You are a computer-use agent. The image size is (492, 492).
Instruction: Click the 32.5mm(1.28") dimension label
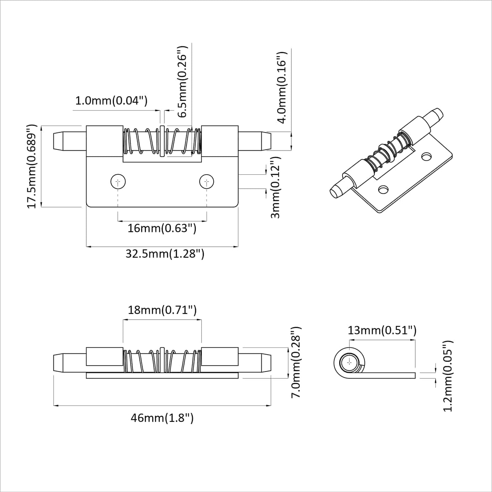click(165, 254)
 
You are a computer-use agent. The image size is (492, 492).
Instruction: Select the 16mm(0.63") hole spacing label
click(162, 228)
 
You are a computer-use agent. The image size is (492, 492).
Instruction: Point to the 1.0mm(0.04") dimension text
click(111, 101)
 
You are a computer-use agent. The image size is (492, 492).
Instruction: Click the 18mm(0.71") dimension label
click(162, 310)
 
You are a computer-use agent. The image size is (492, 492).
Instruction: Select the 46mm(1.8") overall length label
click(162, 418)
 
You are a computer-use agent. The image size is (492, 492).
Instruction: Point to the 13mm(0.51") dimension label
click(382, 330)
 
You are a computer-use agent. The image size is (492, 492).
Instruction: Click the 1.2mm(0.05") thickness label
click(448, 376)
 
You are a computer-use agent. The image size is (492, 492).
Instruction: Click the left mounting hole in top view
click(118, 182)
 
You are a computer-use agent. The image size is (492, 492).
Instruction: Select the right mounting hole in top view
click(207, 182)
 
